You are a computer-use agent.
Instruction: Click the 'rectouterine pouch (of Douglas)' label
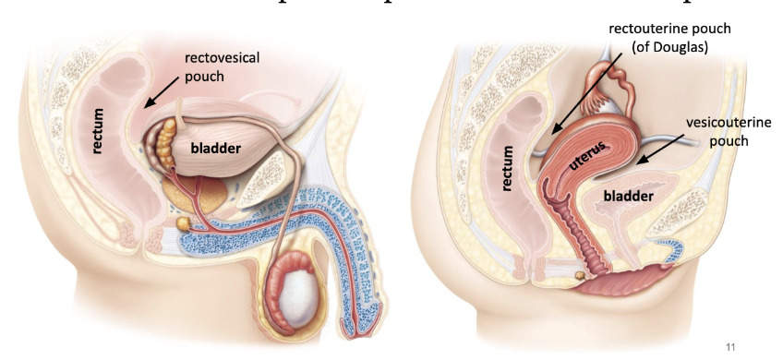pyautogui.click(x=669, y=37)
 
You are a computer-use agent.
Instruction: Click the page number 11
pyautogui.click(x=731, y=347)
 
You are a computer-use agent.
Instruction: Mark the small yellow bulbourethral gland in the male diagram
pyautogui.click(x=183, y=224)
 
